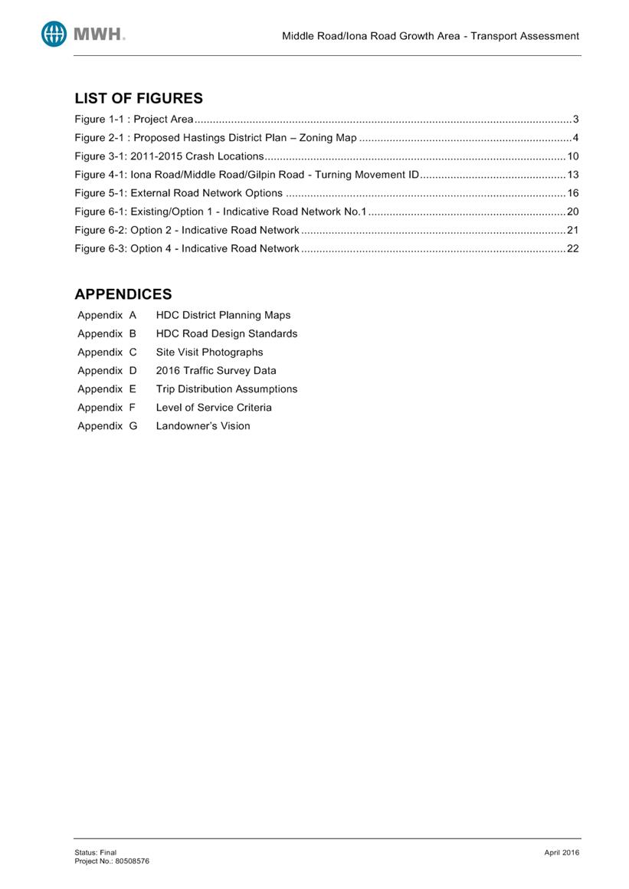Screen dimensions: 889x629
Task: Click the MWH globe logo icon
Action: (54, 34)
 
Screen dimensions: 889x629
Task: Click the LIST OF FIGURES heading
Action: (139, 98)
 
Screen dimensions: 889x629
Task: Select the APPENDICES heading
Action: (123, 294)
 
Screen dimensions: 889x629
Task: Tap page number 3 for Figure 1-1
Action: (575, 120)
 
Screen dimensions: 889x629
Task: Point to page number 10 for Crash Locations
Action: (573, 156)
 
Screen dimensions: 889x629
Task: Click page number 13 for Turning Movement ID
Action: (573, 175)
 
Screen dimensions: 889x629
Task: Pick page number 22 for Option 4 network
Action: (573, 248)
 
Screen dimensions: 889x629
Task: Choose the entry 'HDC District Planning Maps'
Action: (223, 315)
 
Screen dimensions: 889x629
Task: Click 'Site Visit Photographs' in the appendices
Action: (209, 352)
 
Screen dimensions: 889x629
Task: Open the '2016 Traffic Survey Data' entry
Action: (216, 370)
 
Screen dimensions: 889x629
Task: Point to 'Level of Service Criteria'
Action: (214, 407)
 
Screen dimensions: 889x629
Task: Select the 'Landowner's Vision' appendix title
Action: (203, 426)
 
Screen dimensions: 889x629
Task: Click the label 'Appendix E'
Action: (106, 389)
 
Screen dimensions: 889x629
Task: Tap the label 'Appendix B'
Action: (106, 333)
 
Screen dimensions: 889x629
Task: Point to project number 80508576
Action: (132, 861)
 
